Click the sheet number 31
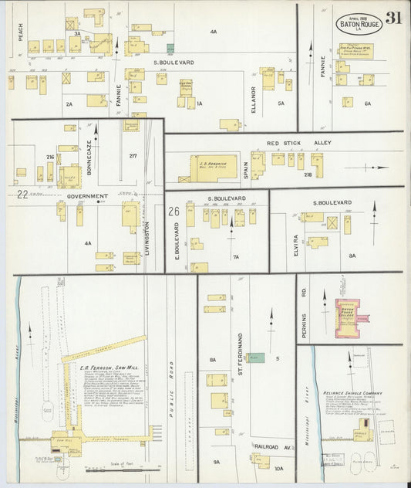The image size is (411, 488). click(393, 18)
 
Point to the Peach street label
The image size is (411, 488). click(22, 32)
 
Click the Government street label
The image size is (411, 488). click(88, 196)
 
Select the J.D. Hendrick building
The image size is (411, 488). click(213, 168)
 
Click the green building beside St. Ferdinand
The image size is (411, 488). click(255, 358)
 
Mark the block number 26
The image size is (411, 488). click(174, 210)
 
